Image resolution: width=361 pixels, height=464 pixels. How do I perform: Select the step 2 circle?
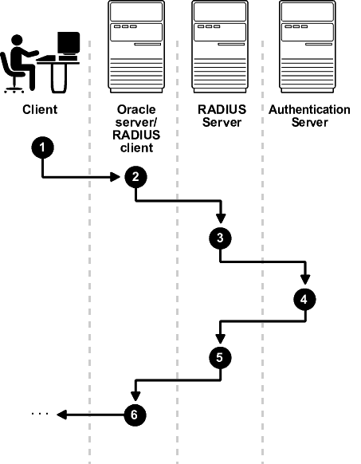click(x=135, y=178)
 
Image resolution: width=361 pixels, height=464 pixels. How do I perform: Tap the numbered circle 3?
click(x=220, y=238)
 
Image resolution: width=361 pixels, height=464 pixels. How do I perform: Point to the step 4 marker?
click(x=304, y=299)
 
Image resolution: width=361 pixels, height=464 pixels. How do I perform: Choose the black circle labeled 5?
click(x=220, y=357)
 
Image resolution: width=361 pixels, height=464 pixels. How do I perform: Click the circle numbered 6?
click(x=135, y=414)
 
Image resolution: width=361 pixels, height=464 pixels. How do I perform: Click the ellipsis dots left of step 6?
click(x=39, y=415)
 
